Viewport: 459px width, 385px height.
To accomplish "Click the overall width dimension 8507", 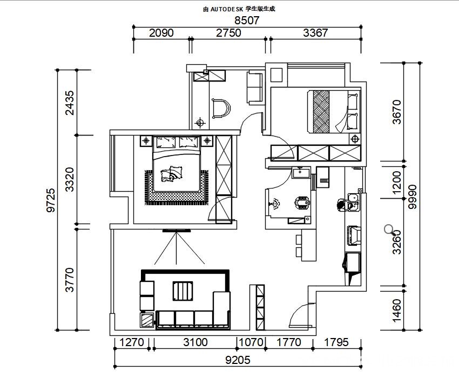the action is pyautogui.click(x=247, y=20).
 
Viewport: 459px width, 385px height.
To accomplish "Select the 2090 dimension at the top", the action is pyautogui.click(x=161, y=33).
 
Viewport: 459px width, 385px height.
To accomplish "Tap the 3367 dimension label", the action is pyautogui.click(x=315, y=33).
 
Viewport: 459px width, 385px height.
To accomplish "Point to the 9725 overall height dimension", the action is pyautogui.click(x=51, y=200).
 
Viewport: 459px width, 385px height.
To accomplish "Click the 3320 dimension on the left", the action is pyautogui.click(x=70, y=179).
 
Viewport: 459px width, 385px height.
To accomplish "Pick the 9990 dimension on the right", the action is pyautogui.click(x=413, y=197).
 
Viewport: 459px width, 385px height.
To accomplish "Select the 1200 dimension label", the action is pyautogui.click(x=396, y=183).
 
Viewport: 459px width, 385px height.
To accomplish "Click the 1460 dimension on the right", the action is pyautogui.click(x=396, y=310).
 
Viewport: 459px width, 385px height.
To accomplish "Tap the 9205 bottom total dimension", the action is pyautogui.click(x=238, y=360).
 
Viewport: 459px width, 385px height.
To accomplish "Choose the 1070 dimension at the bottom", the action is pyautogui.click(x=251, y=342).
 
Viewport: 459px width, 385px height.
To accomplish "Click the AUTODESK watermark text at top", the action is pyautogui.click(x=239, y=9).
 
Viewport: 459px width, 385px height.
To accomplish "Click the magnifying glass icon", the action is pyautogui.click(x=390, y=230).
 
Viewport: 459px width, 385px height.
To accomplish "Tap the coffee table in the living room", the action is pyautogui.click(x=183, y=291).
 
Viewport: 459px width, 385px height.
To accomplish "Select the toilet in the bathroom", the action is pyautogui.click(x=302, y=202).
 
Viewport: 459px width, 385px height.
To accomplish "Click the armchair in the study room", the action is pyautogui.click(x=221, y=109).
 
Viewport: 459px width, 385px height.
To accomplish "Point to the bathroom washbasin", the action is pyautogui.click(x=301, y=172).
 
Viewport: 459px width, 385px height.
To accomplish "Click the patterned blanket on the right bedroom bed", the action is pyautogui.click(x=321, y=112).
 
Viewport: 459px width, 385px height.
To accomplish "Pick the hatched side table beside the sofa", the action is pyautogui.click(x=147, y=320).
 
